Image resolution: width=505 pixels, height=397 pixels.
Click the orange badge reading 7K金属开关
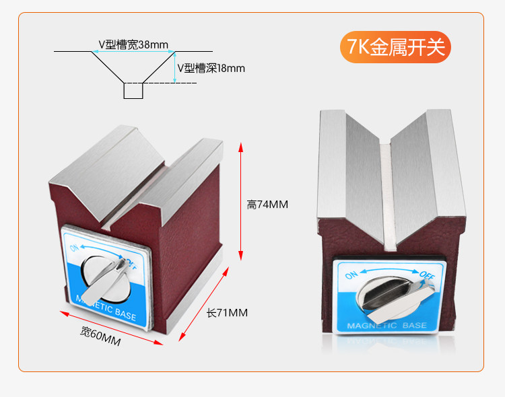click(395, 47)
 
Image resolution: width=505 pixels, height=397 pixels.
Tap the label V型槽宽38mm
click(133, 45)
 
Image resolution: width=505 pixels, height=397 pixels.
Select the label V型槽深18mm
click(211, 68)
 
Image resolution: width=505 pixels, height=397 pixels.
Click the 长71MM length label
click(227, 313)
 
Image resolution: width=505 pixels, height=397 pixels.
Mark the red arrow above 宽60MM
click(112, 328)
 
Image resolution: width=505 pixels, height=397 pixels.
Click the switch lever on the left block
click(107, 279)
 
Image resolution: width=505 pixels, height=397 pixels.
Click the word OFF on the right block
click(427, 275)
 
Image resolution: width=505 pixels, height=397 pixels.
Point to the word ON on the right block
click(351, 276)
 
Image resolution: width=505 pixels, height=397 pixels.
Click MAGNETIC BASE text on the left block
click(106, 308)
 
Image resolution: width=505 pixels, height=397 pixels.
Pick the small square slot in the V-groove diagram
click(133, 91)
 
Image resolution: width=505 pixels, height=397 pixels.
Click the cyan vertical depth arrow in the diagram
click(174, 67)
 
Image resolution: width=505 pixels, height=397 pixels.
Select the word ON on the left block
click(75, 248)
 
